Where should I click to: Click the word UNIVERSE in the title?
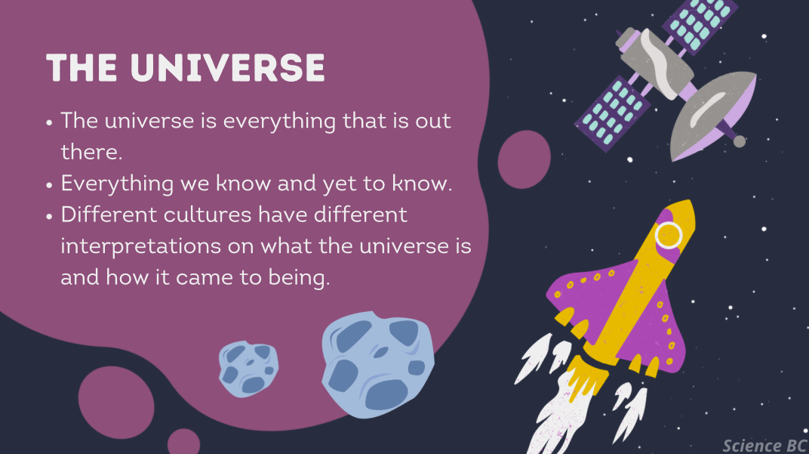pyautogui.click(x=228, y=68)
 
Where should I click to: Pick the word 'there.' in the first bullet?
pyautogui.click(x=92, y=152)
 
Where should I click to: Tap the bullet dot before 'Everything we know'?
pyautogui.click(x=50, y=185)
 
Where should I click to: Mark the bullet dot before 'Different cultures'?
pyautogui.click(x=50, y=216)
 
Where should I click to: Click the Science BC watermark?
pyautogui.click(x=764, y=445)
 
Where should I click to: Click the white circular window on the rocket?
pyautogui.click(x=669, y=235)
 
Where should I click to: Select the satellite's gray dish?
pyautogui.click(x=712, y=115)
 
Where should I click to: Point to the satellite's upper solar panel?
pyautogui.click(x=699, y=23)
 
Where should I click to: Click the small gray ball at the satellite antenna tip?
pyautogui.click(x=740, y=141)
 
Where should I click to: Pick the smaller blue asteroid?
pyautogui.click(x=248, y=369)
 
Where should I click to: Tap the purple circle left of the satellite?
pyautogui.click(x=524, y=159)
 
